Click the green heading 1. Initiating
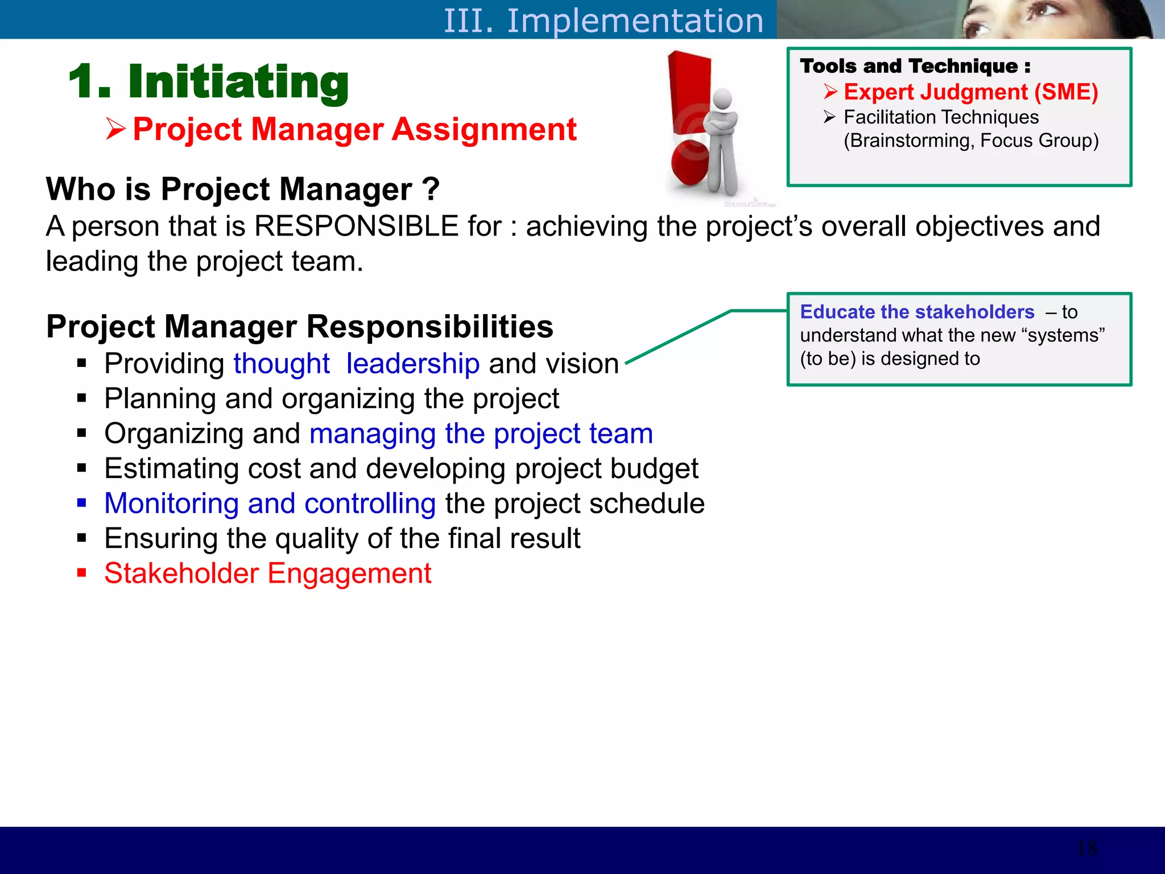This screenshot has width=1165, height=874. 208,82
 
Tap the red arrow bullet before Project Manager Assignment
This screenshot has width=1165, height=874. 115,129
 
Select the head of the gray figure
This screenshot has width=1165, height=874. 722,99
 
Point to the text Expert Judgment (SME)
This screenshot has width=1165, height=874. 970,92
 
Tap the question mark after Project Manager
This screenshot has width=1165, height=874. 431,189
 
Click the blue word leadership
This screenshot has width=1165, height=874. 412,364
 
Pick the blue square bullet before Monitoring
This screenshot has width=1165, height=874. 82,503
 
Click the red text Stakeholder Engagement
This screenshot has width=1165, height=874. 267,573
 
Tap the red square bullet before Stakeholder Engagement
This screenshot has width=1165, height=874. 82,572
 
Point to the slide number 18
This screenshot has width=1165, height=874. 1087,848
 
